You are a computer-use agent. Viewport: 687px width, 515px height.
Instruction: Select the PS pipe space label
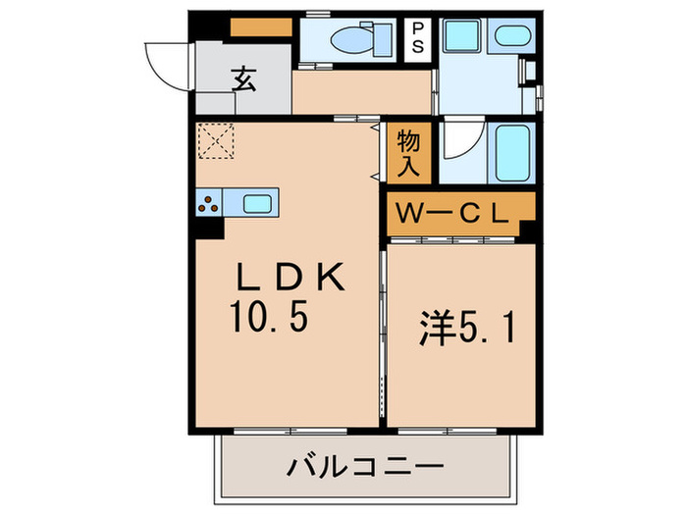[x=418, y=39]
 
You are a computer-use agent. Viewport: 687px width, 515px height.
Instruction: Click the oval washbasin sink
[x=510, y=38]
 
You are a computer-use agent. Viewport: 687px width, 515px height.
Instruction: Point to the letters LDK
[x=288, y=277]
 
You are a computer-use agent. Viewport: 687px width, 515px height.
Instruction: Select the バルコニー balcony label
[x=364, y=465]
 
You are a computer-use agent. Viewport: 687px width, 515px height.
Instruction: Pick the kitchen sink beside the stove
[x=257, y=204]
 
